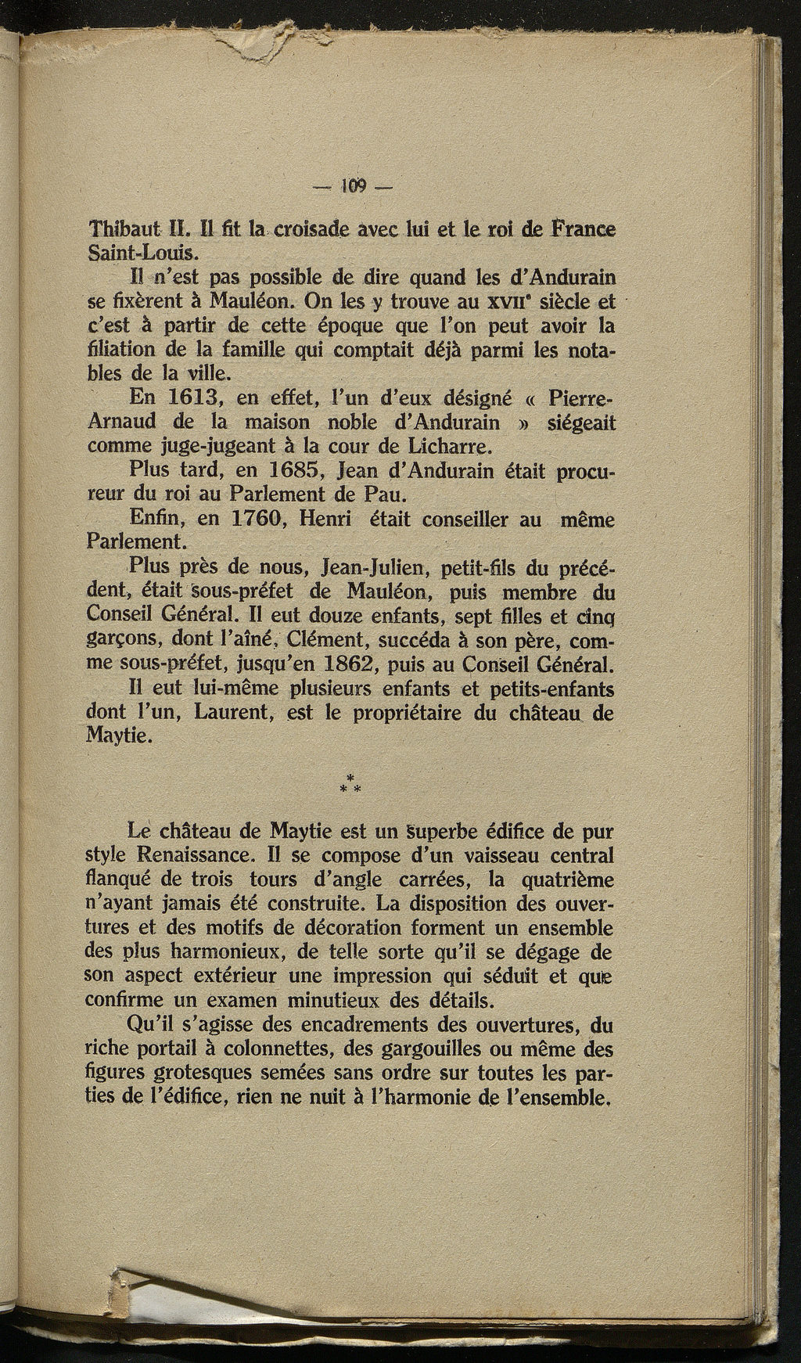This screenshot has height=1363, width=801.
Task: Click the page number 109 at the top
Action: (354, 186)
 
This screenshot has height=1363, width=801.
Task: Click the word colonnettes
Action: (288, 1048)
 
